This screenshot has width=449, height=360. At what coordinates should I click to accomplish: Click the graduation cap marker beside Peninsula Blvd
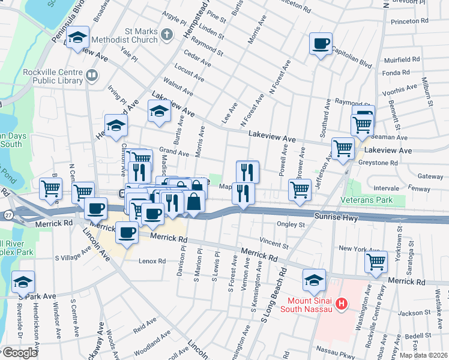[x=77, y=38]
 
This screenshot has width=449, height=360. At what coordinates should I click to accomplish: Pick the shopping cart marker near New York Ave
[x=376, y=261]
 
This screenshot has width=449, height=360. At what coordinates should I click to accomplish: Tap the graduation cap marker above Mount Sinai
[x=314, y=280]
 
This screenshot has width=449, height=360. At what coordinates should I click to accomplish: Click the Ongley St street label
[x=291, y=226]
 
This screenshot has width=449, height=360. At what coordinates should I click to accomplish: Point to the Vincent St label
[x=274, y=245]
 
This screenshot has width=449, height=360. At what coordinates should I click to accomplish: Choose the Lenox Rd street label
[x=152, y=262]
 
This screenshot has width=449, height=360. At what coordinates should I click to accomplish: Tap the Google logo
[x=20, y=353]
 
